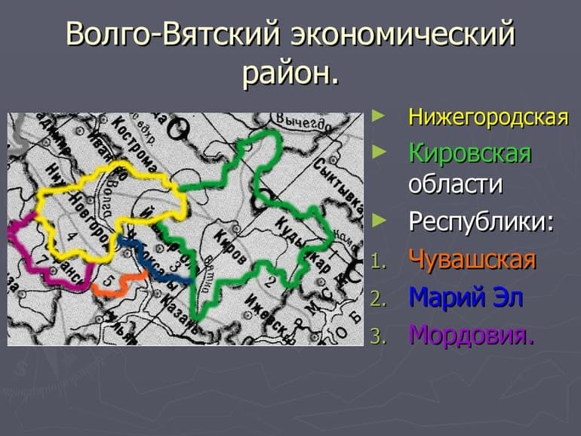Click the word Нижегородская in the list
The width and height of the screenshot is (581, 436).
(x=487, y=119)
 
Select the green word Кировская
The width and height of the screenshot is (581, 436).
(x=470, y=153)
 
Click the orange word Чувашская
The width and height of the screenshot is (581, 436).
(x=472, y=260)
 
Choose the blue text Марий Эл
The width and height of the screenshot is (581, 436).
(x=466, y=297)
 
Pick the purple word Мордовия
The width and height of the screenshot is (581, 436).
(x=472, y=334)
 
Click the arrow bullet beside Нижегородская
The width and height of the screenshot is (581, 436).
(x=379, y=116)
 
